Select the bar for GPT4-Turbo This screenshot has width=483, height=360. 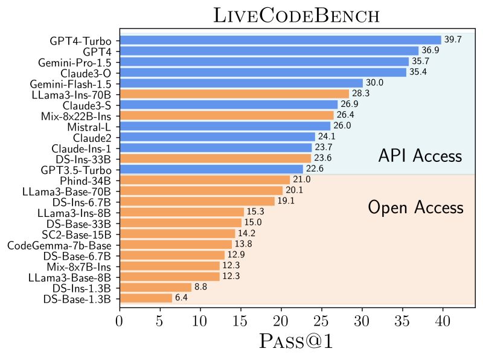(280, 40)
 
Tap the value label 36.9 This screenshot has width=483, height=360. (430, 51)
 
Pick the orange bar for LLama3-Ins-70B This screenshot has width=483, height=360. (234, 94)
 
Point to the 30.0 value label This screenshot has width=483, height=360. (374, 83)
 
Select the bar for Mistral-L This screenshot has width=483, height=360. (225, 126)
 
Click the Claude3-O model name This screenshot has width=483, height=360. (89, 72)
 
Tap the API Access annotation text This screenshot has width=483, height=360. (420, 156)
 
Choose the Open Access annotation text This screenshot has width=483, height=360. (415, 208)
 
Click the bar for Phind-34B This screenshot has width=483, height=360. (205, 179)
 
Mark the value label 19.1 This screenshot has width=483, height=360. (286, 201)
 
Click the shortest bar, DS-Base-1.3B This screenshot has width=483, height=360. (146, 298)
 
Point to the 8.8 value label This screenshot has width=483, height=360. (200, 288)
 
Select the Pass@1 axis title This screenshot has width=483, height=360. (296, 341)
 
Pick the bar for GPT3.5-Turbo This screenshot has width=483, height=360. (211, 169)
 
